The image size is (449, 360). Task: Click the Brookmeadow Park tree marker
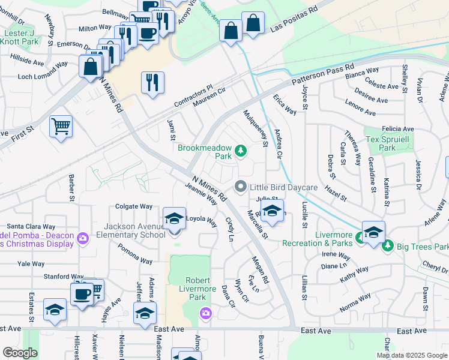(241, 151)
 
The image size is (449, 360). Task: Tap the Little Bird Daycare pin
(241, 187)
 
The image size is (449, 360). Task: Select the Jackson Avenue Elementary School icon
(174, 219)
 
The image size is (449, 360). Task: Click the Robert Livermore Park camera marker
(206, 313)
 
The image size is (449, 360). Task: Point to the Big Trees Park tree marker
(388, 245)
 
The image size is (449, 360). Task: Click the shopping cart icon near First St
(61, 127)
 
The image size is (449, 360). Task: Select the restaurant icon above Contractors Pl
(152, 82)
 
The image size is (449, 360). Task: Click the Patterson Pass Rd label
(323, 75)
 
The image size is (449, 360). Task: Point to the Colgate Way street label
(133, 206)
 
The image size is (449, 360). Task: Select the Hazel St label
(336, 193)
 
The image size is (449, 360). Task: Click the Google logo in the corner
(20, 353)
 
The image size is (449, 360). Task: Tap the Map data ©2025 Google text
(411, 355)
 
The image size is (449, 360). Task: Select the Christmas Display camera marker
(83, 238)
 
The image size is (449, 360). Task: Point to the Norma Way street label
(355, 304)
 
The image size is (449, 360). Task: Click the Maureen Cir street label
(208, 98)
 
